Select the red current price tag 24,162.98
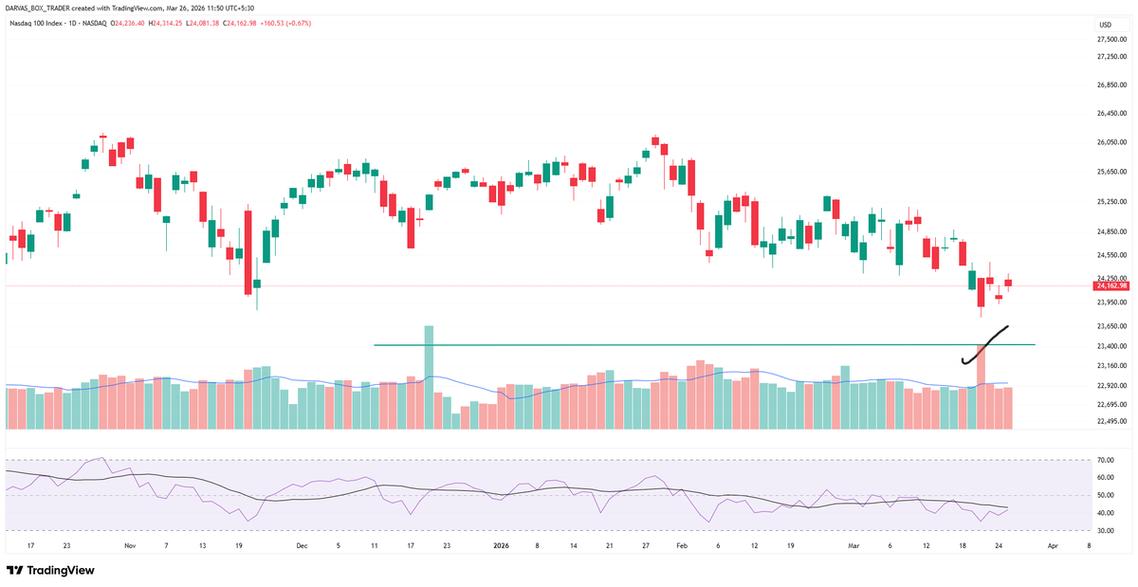(1110, 285)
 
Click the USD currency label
(1105, 24)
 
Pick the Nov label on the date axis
(130, 546)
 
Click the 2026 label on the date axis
(504, 546)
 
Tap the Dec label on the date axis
(302, 546)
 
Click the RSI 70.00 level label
(1104, 460)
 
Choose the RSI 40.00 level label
(1104, 513)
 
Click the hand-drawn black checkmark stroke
(984, 345)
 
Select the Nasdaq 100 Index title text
(38, 23)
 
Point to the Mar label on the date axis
(852, 546)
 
